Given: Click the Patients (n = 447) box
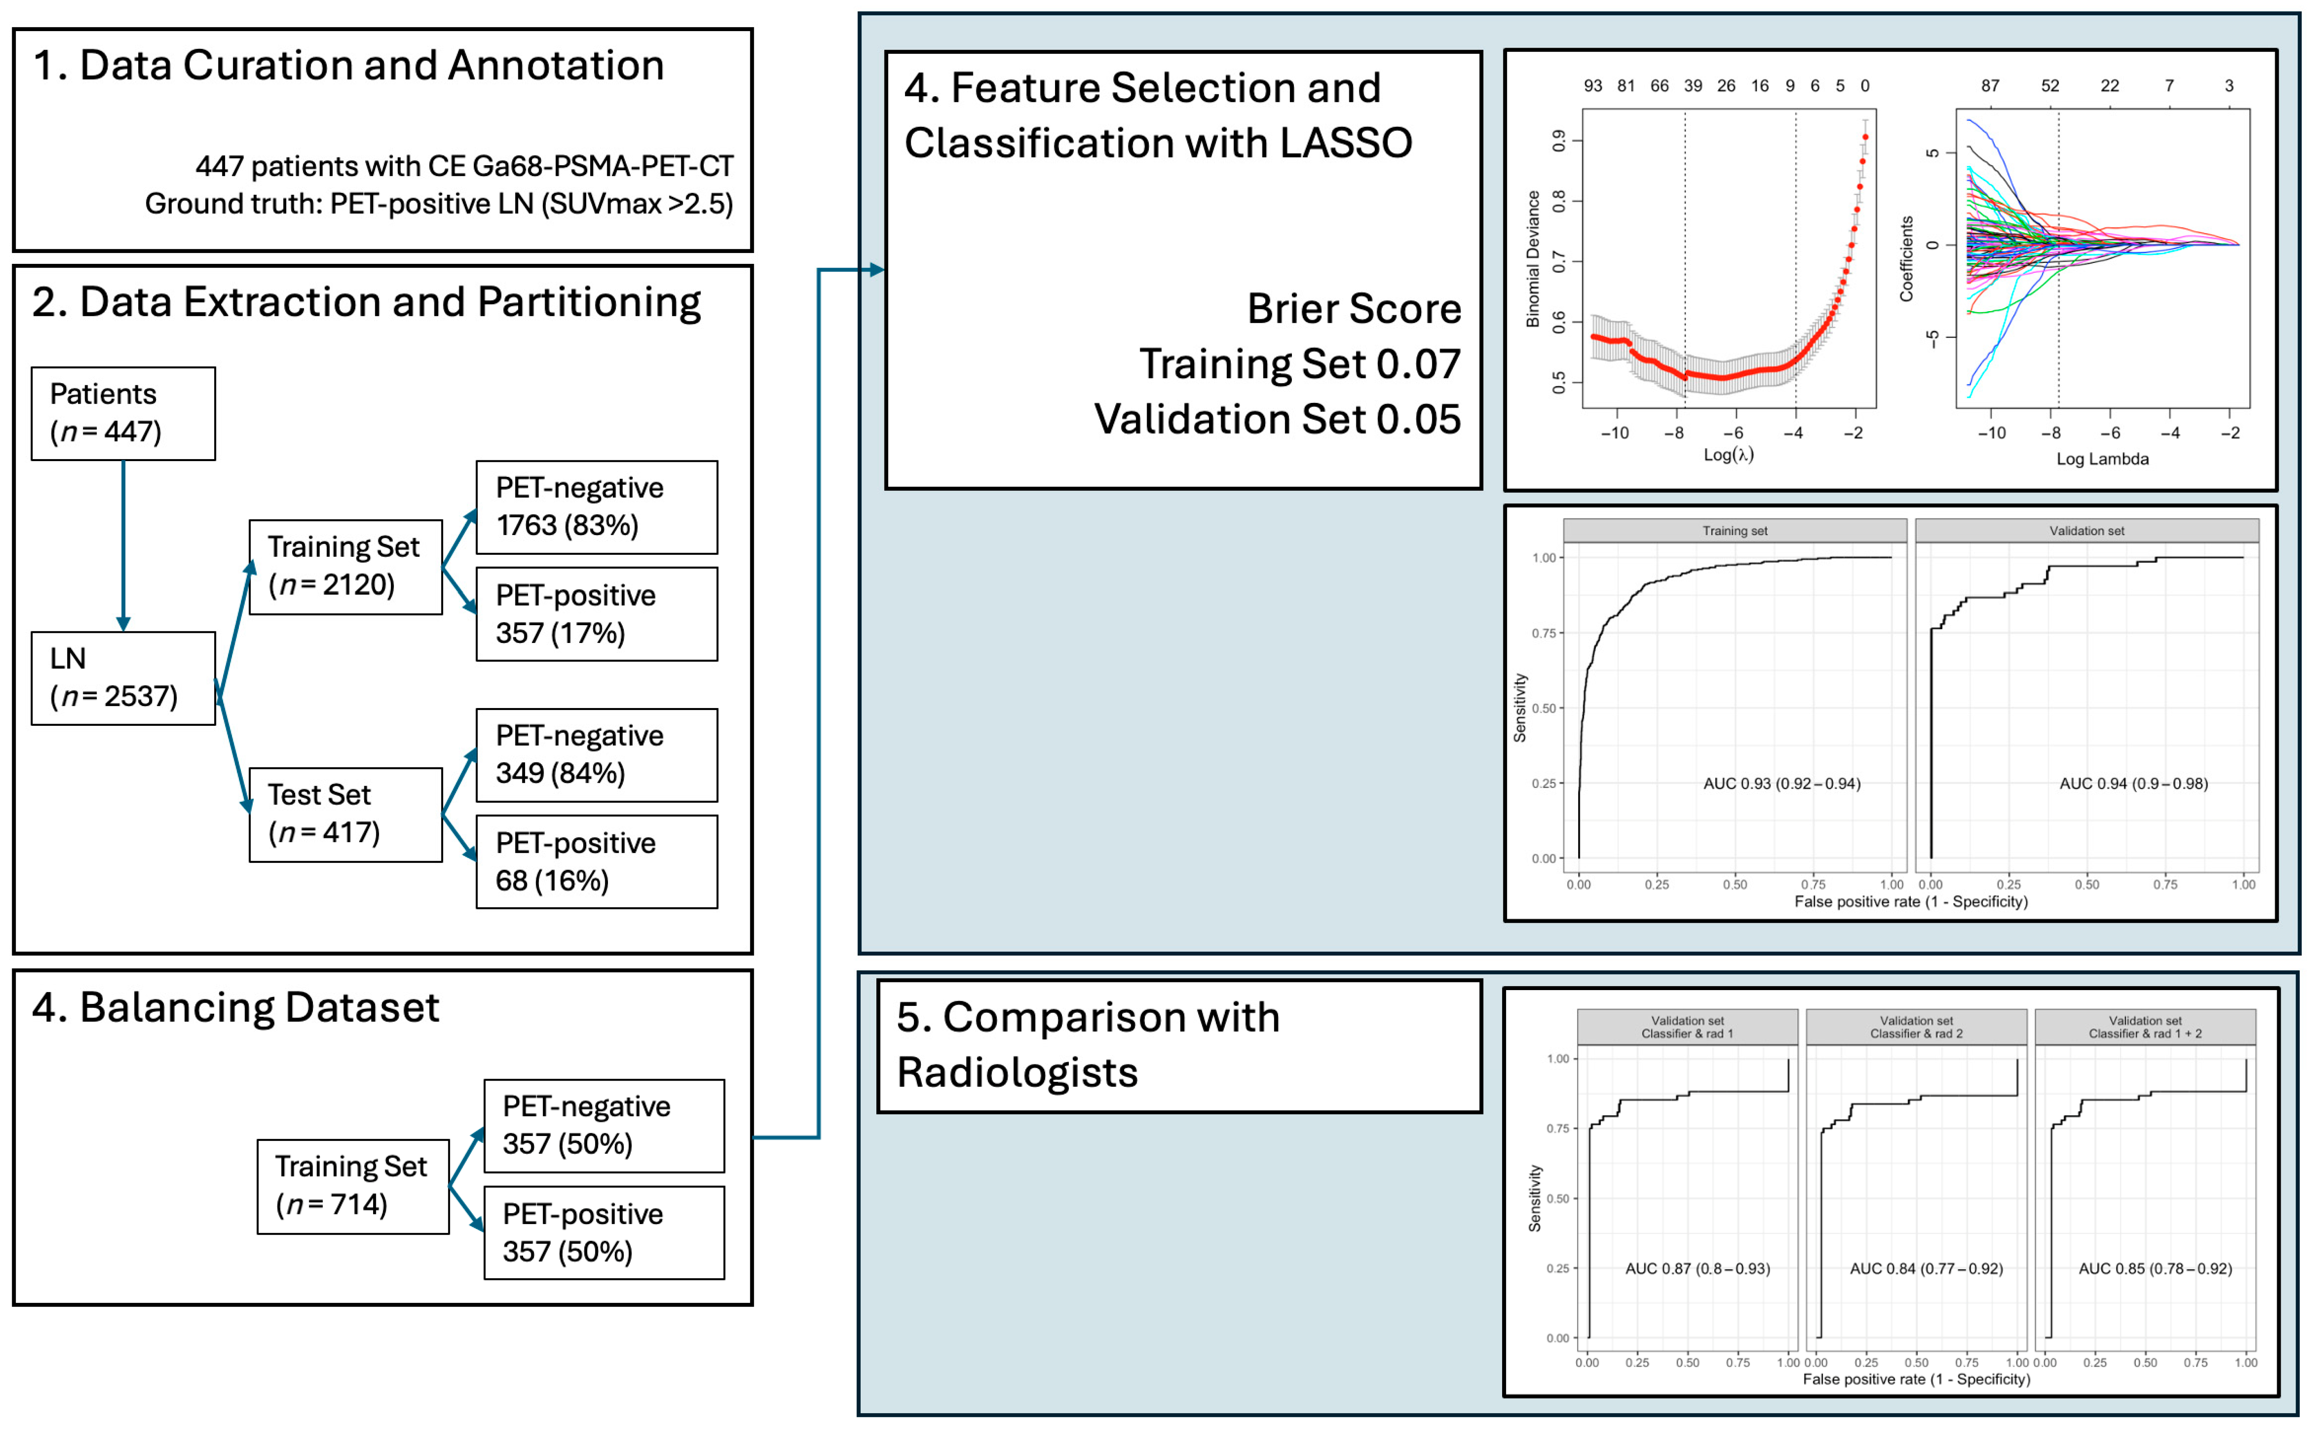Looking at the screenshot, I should point(123,413).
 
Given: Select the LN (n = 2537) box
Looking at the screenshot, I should point(123,678).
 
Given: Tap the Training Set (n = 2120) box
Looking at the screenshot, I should point(345,566).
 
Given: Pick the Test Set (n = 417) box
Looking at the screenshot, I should point(345,814).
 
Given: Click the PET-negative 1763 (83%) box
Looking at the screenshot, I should point(597,507).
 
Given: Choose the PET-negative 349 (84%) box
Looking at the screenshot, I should point(597,754).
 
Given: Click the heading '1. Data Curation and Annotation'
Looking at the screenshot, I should point(348,65).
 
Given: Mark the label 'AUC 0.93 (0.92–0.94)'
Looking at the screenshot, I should point(1781,784).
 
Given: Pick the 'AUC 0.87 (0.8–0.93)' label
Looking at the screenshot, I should point(1697,1268).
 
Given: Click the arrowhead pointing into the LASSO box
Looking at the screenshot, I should point(877,270).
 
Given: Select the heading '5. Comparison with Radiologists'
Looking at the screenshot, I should point(1087,1044).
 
